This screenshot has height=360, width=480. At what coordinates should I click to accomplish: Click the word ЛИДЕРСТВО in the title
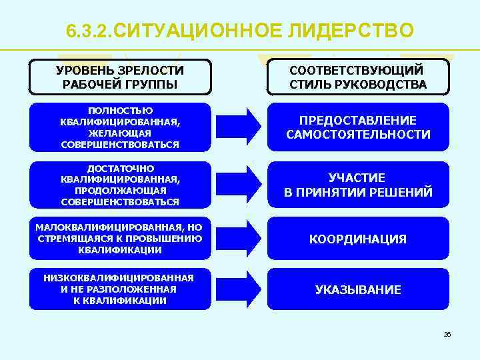click(x=352, y=31)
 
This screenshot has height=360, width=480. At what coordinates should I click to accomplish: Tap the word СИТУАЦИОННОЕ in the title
click(x=201, y=31)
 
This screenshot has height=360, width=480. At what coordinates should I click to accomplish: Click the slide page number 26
click(x=447, y=334)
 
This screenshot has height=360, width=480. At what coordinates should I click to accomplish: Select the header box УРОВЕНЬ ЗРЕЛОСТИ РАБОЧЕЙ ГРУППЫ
click(x=120, y=77)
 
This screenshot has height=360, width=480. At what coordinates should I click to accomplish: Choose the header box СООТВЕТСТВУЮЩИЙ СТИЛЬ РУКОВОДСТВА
click(x=358, y=77)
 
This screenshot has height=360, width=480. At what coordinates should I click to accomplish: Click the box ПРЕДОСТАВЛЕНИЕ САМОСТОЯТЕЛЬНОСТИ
click(x=358, y=127)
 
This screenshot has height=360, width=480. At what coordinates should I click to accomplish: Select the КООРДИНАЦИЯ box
click(x=358, y=239)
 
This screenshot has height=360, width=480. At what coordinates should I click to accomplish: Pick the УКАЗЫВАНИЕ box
click(x=358, y=290)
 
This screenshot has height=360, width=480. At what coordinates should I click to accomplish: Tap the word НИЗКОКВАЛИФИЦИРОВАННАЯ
click(x=118, y=278)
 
